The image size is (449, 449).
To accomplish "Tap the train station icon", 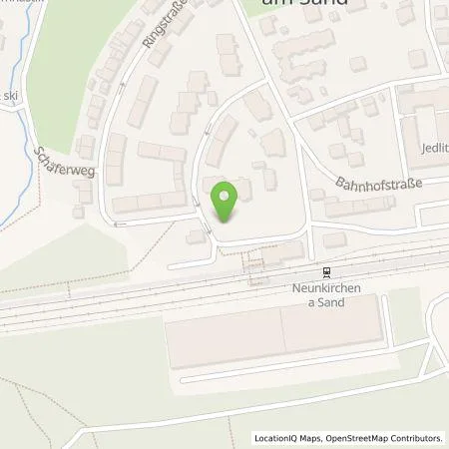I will tap(324, 271).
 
